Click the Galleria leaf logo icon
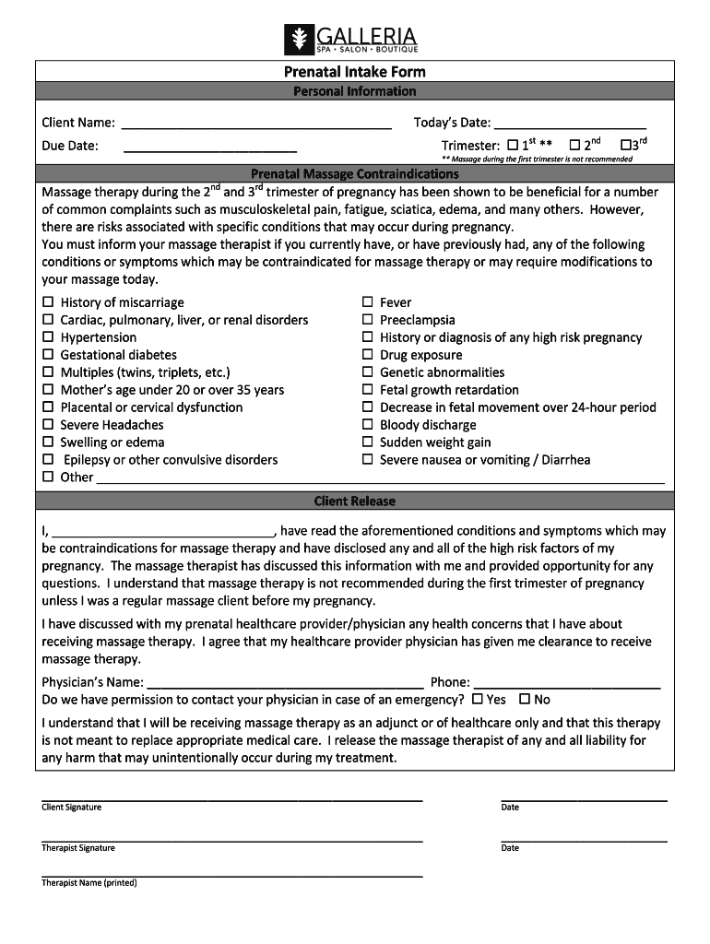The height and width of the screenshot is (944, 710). click(299, 40)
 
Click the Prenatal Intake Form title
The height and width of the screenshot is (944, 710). click(354, 72)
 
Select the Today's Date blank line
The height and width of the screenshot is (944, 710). click(570, 124)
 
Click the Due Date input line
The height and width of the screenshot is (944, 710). click(210, 146)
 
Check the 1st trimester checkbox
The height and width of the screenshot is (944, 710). click(513, 146)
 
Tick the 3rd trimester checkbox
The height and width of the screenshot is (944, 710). click(626, 146)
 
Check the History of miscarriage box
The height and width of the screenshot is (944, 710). click(48, 302)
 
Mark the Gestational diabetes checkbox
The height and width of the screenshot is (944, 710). click(48, 355)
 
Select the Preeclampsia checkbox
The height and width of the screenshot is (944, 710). click(367, 320)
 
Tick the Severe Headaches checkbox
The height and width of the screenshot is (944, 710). click(48, 425)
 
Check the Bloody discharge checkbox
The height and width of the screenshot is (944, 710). click(367, 425)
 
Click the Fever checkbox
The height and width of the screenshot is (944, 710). click(367, 302)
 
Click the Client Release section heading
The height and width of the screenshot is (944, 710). click(354, 501)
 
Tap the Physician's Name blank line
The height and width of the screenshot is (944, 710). click(284, 683)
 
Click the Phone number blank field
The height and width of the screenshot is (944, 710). click(567, 683)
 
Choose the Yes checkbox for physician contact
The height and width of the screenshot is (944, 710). click(478, 700)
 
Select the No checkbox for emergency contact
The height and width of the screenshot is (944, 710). click(525, 700)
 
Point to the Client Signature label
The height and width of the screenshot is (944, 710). click(71, 808)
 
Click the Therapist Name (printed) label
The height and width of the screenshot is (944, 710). click(89, 883)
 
